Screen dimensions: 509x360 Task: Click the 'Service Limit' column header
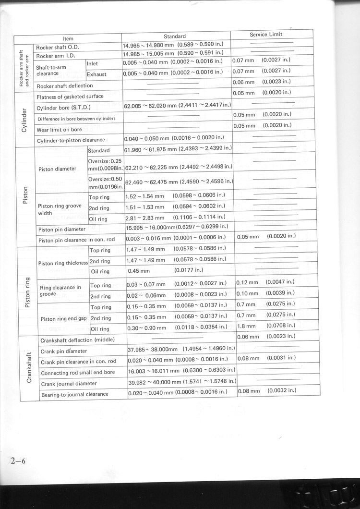pyautogui.click(x=266, y=35)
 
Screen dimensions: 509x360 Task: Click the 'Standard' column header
pyautogui.click(x=175, y=36)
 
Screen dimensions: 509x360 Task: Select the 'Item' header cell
pyautogui.click(x=68, y=38)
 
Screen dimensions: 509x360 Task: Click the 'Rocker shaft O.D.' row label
pyautogui.click(x=58, y=47)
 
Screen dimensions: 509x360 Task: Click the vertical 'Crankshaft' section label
pyautogui.click(x=30, y=367)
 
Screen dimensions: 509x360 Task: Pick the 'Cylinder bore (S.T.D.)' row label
pyautogui.click(x=63, y=107)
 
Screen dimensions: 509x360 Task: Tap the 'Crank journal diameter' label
pyautogui.click(x=69, y=384)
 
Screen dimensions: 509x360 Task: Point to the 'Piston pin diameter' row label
pyautogui.click(x=63, y=230)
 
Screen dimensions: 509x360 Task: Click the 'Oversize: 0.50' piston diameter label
pyautogui.click(x=106, y=182)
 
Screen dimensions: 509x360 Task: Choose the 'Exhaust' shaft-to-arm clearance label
pyautogui.click(x=96, y=75)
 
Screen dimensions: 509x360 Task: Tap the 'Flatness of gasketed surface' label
pyautogui.click(x=70, y=97)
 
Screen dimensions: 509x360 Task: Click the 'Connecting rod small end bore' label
pyautogui.click(x=78, y=373)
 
